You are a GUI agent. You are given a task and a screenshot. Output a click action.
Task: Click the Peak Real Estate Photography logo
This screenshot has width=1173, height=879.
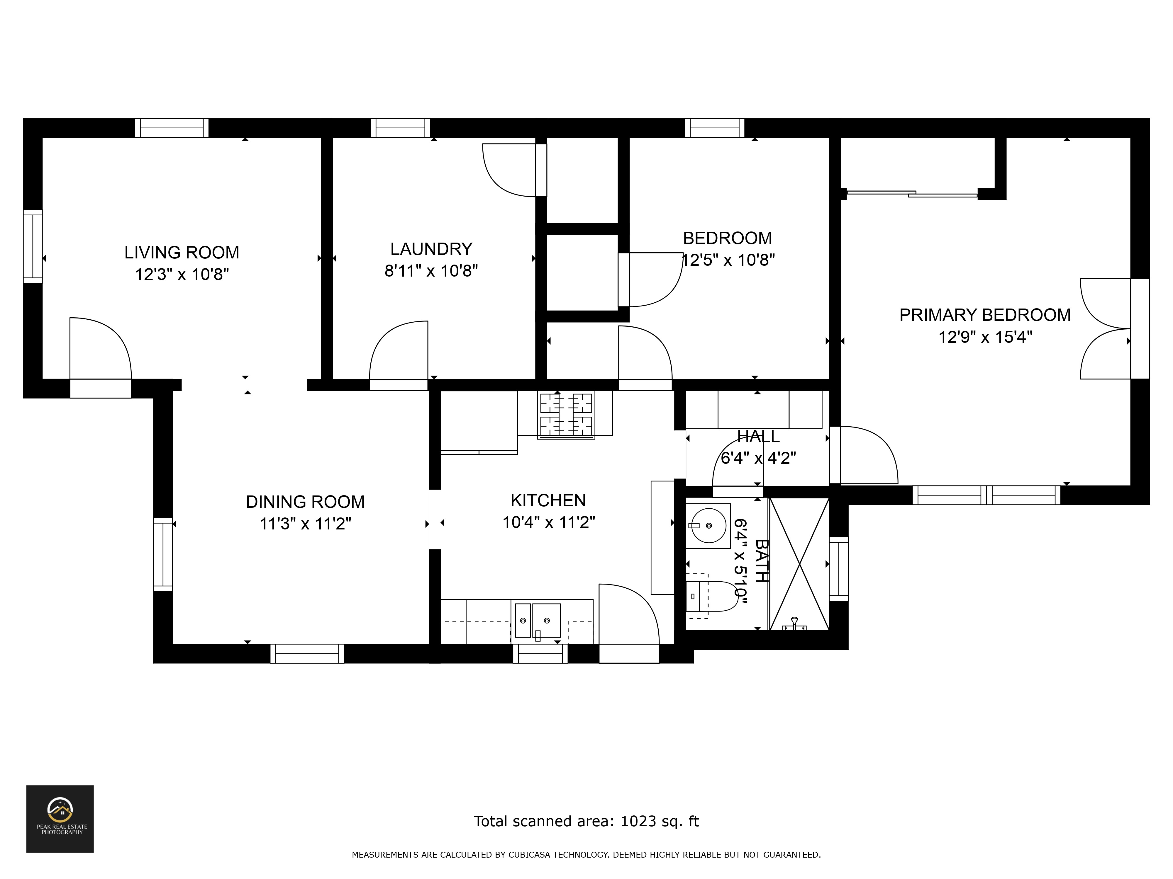[60, 819]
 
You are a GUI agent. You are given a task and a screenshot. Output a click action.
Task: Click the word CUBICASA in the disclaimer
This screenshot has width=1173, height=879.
[533, 855]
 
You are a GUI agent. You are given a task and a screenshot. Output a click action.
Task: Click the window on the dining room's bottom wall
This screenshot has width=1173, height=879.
[307, 653]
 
